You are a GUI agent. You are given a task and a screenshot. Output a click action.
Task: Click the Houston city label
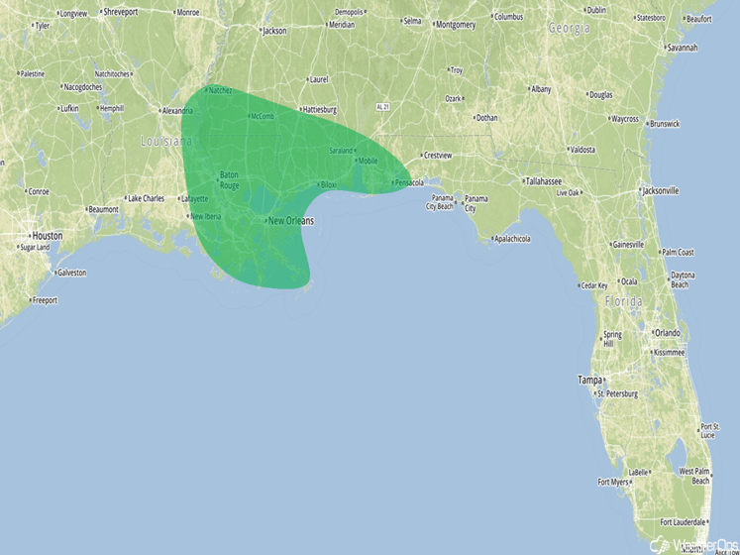48,236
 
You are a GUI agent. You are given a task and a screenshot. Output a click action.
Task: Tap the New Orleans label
291,220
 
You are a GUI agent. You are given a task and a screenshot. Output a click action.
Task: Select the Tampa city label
590,380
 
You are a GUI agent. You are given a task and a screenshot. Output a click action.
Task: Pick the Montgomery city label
456,25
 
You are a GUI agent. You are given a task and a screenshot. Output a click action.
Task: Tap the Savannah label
682,48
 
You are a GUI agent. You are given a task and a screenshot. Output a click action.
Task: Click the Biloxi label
329,185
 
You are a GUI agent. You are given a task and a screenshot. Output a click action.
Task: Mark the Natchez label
220,90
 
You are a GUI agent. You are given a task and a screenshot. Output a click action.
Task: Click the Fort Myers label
613,483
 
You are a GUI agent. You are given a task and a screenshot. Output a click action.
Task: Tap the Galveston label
71,272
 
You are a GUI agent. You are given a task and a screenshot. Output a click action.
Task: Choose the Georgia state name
570,29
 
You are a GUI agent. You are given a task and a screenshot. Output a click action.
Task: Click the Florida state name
623,300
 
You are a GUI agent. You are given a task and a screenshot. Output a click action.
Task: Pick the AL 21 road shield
384,105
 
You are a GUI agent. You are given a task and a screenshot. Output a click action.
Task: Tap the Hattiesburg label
320,110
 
